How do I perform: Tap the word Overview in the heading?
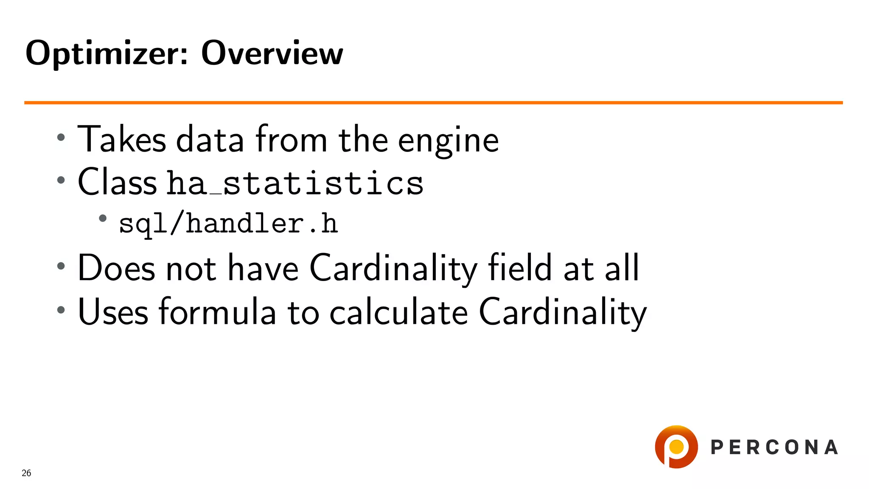(272, 53)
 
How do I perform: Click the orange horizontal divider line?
(433, 102)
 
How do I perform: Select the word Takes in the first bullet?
(122, 139)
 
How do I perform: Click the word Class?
(118, 182)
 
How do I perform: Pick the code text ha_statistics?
(295, 183)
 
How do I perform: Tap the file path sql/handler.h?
(228, 224)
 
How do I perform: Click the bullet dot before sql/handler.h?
(103, 219)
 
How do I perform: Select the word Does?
(117, 268)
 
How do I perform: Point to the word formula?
(217, 312)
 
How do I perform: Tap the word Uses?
(113, 312)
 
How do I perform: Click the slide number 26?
(26, 473)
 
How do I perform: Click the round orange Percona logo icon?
(676, 447)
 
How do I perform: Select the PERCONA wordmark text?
(774, 447)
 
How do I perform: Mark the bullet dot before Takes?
(61, 137)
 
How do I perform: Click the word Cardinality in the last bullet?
(563, 312)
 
